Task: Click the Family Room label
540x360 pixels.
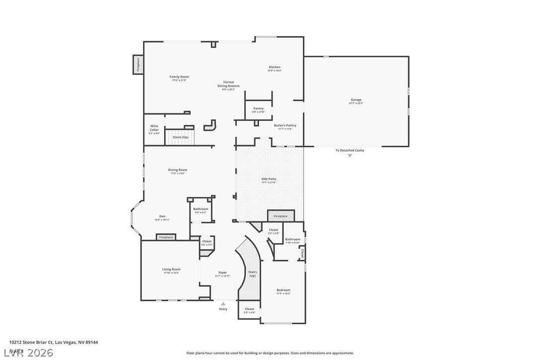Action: (x=179, y=77)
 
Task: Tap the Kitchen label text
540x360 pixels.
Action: (x=274, y=67)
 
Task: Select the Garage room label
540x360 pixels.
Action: (x=356, y=100)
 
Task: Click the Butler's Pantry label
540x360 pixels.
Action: (x=285, y=125)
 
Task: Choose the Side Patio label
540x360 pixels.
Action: (x=269, y=179)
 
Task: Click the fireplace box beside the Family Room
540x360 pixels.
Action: (x=138, y=65)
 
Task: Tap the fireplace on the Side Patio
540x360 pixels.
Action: (x=280, y=216)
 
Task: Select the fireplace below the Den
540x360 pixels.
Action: (x=166, y=237)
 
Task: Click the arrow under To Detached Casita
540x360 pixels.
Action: (x=350, y=156)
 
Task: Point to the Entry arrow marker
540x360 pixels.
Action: (x=223, y=303)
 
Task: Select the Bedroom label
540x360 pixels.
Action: (x=283, y=290)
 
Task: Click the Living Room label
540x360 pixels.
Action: (x=171, y=270)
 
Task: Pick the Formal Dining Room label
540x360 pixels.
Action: (x=228, y=84)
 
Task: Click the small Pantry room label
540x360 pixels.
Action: (x=258, y=108)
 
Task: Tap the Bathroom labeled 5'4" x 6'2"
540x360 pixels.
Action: (x=201, y=209)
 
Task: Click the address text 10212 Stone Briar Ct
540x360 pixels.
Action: (x=31, y=342)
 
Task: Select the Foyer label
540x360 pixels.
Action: (x=222, y=272)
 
